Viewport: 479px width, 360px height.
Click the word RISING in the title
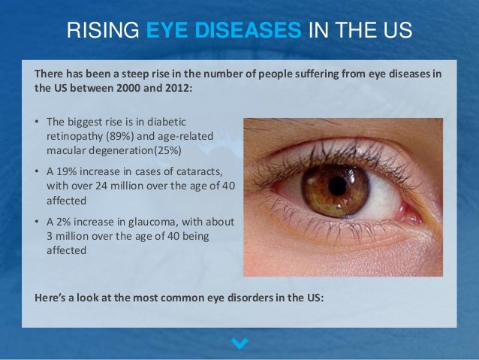point(103,32)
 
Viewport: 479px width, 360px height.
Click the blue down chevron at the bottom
point(239,343)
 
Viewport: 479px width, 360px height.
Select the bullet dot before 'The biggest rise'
point(38,121)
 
